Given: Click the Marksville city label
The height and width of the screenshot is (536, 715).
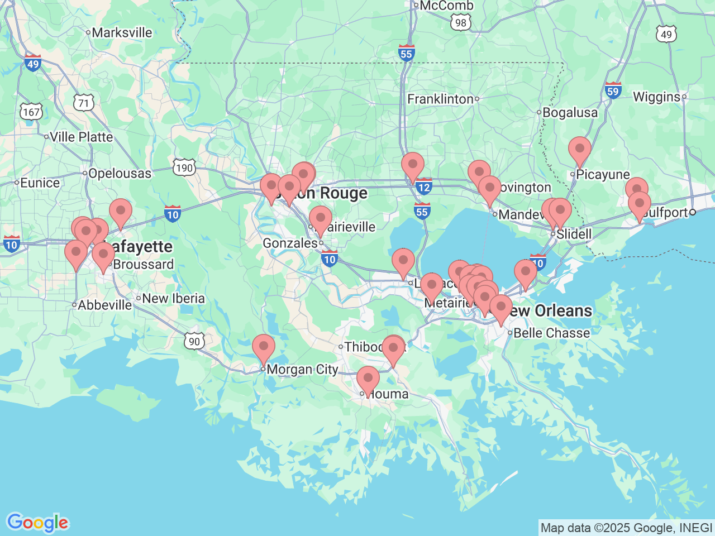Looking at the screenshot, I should click(122, 32).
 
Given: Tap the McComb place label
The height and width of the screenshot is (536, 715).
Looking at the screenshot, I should click(446, 6).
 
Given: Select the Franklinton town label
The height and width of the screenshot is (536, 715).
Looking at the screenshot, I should click(440, 99).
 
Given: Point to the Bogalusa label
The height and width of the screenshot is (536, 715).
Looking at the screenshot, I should click(570, 112).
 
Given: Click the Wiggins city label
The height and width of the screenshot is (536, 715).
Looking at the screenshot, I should click(656, 97).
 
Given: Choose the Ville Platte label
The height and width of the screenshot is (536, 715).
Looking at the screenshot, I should click(81, 137).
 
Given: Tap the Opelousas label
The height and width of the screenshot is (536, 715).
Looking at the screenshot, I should click(120, 173).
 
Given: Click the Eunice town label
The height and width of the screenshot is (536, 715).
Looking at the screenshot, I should click(40, 183).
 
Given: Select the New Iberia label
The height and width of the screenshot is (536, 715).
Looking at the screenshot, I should click(173, 298).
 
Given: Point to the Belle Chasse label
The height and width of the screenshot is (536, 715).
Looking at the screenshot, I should click(551, 333).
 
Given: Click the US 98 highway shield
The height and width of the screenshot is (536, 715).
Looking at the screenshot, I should click(460, 22).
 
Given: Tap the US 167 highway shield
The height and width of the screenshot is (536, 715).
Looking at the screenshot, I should click(31, 112).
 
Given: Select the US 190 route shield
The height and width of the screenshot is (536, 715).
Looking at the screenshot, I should click(184, 167).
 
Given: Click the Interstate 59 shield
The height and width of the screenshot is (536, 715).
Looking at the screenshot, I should click(613, 90).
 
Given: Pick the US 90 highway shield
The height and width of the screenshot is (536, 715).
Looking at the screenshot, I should click(194, 341).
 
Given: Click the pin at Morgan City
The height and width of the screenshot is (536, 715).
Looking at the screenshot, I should click(263, 347).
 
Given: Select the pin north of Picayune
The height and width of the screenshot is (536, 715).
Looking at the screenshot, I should click(579, 150).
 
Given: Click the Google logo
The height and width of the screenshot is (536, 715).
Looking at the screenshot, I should click(37, 523).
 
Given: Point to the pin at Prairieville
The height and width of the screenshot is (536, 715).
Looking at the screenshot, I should click(321, 219).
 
